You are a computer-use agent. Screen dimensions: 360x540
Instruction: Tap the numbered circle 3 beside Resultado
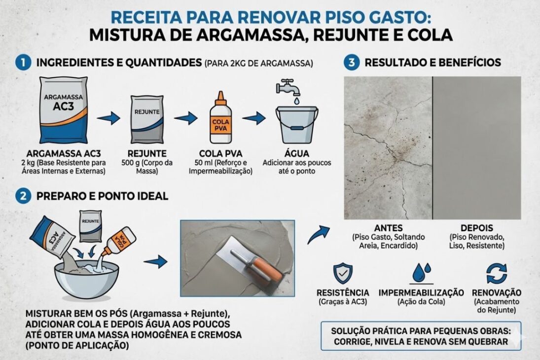click(x=351, y=63)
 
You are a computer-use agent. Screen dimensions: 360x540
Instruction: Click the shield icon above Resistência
click(x=342, y=273)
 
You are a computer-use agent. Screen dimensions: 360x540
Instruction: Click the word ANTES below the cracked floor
click(x=389, y=228)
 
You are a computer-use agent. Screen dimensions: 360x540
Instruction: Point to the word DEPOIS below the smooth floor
click(x=476, y=228)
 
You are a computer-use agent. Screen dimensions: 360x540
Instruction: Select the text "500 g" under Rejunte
click(x=130, y=163)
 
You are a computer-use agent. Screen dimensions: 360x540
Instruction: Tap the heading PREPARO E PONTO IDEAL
click(x=102, y=196)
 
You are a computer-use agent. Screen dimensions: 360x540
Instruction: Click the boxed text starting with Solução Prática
click(x=421, y=335)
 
